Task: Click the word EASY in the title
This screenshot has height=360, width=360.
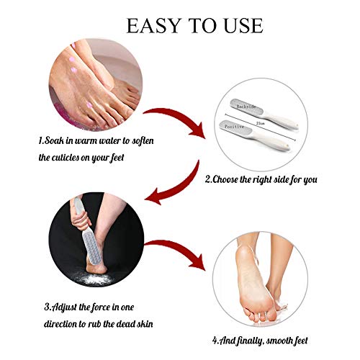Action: pos(153,26)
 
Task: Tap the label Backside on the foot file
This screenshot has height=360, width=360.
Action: pos(246,107)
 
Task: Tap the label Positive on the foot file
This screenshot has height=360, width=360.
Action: pos(234,126)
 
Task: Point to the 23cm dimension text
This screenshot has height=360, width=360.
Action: pos(260,123)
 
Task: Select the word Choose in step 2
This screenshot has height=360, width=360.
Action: pos(225,179)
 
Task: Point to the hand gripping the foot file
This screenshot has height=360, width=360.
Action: pos(79,220)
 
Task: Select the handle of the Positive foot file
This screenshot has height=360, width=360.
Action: pos(271,142)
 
